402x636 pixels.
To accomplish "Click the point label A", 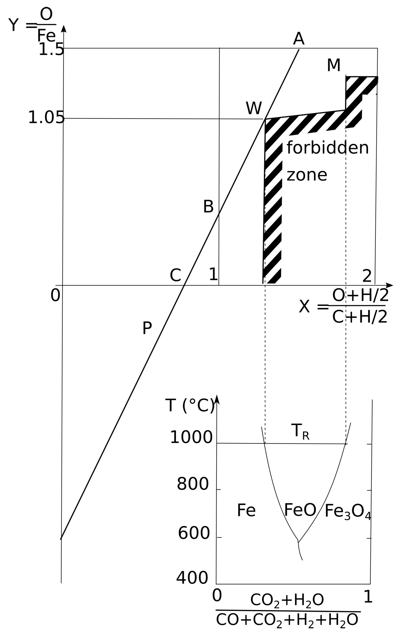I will point(298,39).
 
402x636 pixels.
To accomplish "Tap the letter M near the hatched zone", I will point(333,65).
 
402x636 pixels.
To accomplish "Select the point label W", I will point(254,108).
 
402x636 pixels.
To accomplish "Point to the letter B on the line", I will point(208,207).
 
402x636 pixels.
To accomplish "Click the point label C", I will point(175,276).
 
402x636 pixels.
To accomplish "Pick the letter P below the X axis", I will point(147,328).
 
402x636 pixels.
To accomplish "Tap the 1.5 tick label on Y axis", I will point(51,49).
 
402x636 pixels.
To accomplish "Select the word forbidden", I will point(327,148).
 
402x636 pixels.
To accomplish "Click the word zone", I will point(307,175).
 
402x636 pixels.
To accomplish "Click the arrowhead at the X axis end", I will point(390,285).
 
